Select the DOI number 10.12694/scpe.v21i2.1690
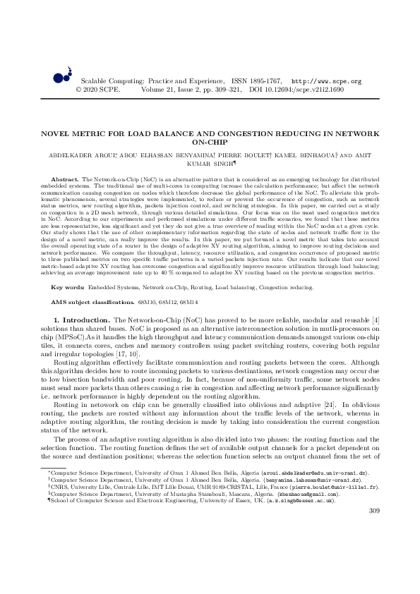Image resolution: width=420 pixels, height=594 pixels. coord(312,90)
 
